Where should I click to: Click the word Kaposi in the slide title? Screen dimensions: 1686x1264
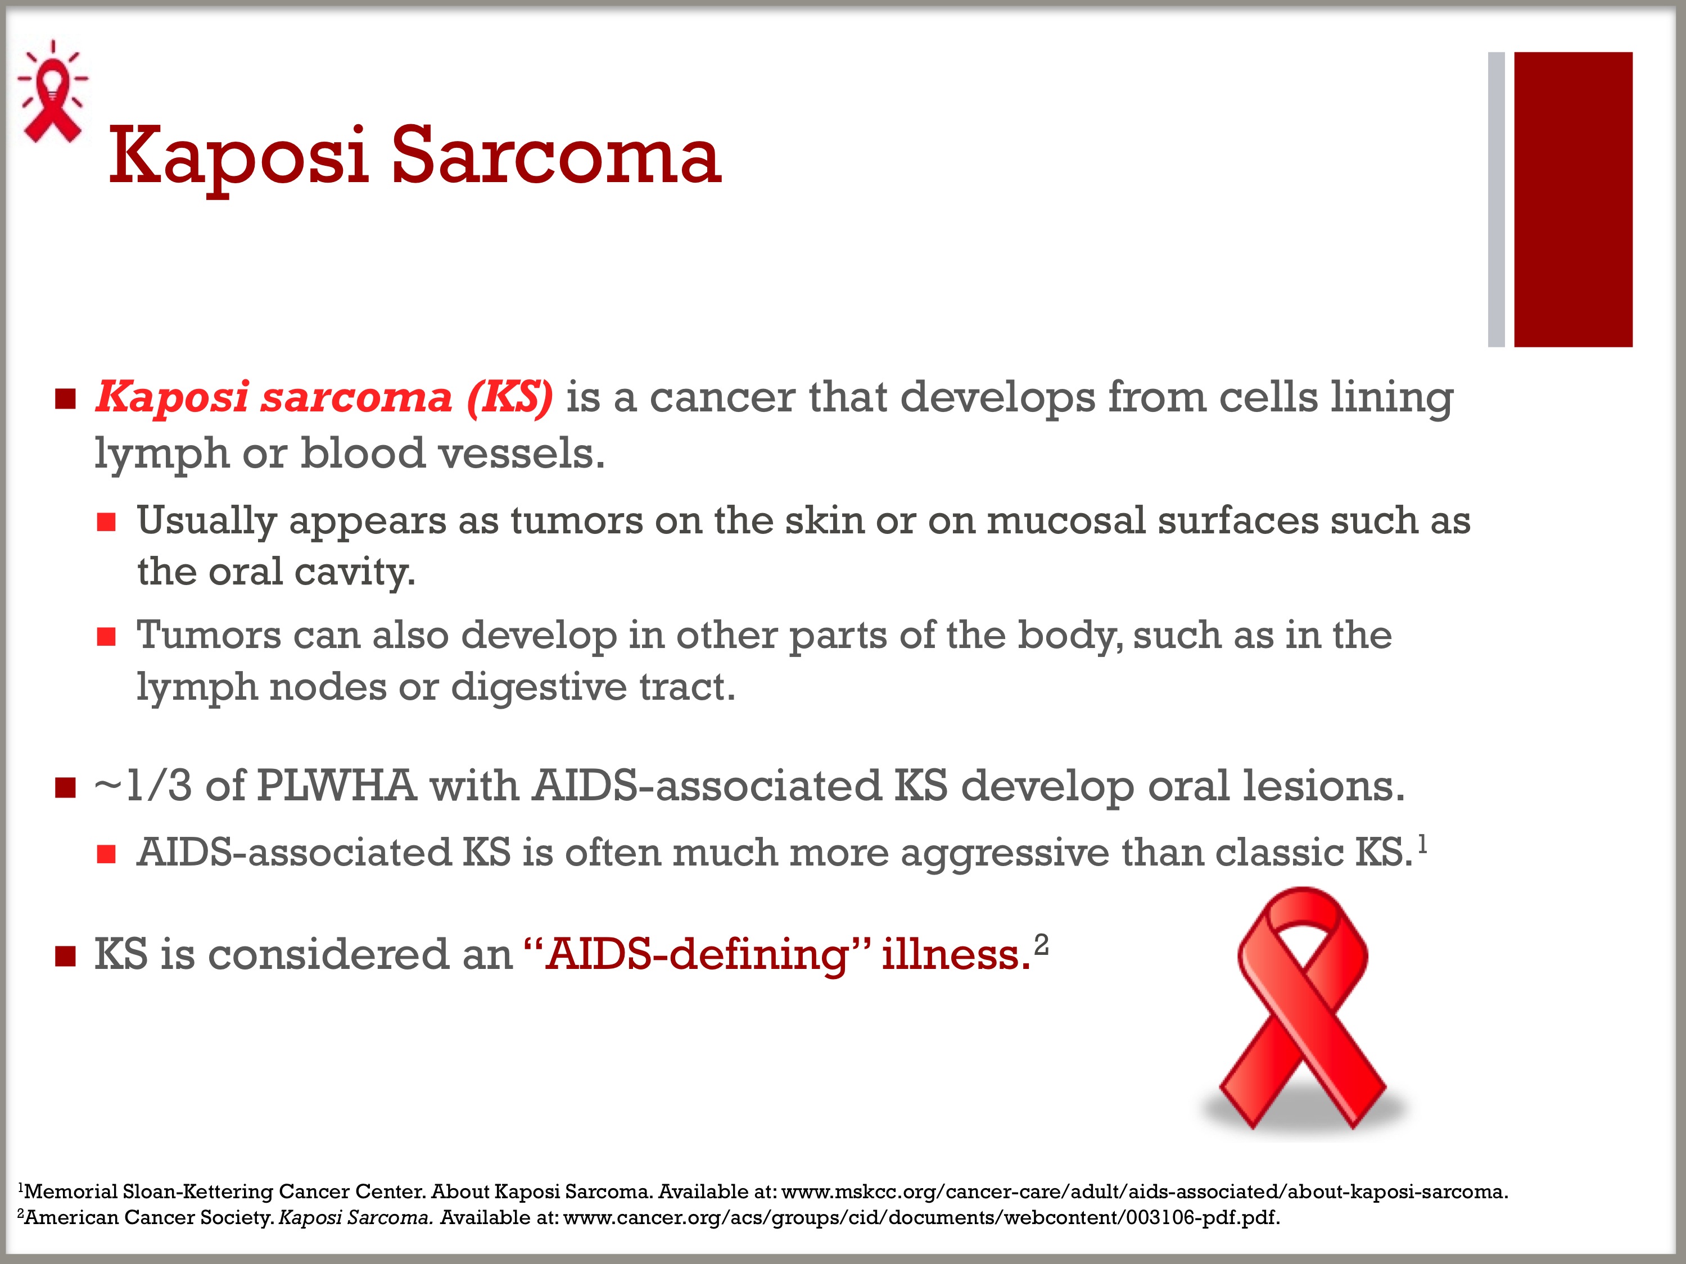[x=238, y=158]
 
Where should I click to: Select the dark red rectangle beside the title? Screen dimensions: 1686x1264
[x=1573, y=199]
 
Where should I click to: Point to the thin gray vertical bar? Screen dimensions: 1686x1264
[x=1496, y=199]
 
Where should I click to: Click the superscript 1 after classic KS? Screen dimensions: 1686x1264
[x=1422, y=844]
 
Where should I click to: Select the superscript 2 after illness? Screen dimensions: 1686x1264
[x=1041, y=945]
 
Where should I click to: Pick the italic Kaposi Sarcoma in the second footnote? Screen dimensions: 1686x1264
[x=356, y=1217]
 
